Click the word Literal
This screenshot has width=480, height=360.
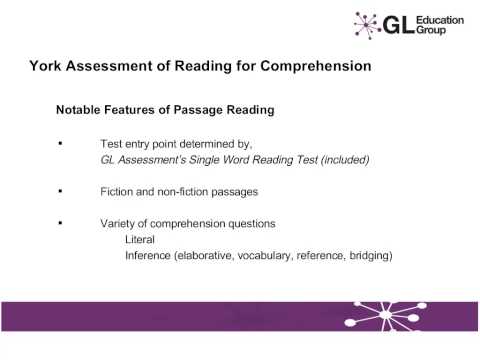pos(141,240)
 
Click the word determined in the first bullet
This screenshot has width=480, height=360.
pos(201,143)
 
